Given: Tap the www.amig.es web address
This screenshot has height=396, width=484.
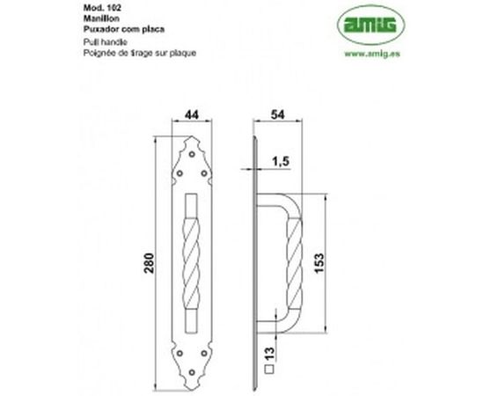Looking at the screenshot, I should [364, 53].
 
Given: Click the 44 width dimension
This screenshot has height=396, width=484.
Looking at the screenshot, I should [190, 114].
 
